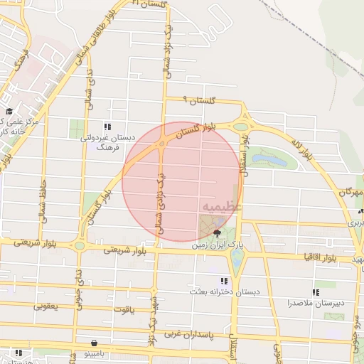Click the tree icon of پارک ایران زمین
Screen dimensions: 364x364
click(x=217, y=232)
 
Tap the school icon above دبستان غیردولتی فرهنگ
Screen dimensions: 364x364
click(x=107, y=126)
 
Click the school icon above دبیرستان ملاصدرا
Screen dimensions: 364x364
click(x=315, y=291)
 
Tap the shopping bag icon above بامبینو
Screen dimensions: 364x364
click(x=94, y=343)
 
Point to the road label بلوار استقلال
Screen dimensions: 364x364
click(x=243, y=151)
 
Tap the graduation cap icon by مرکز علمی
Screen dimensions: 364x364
click(x=9, y=111)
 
